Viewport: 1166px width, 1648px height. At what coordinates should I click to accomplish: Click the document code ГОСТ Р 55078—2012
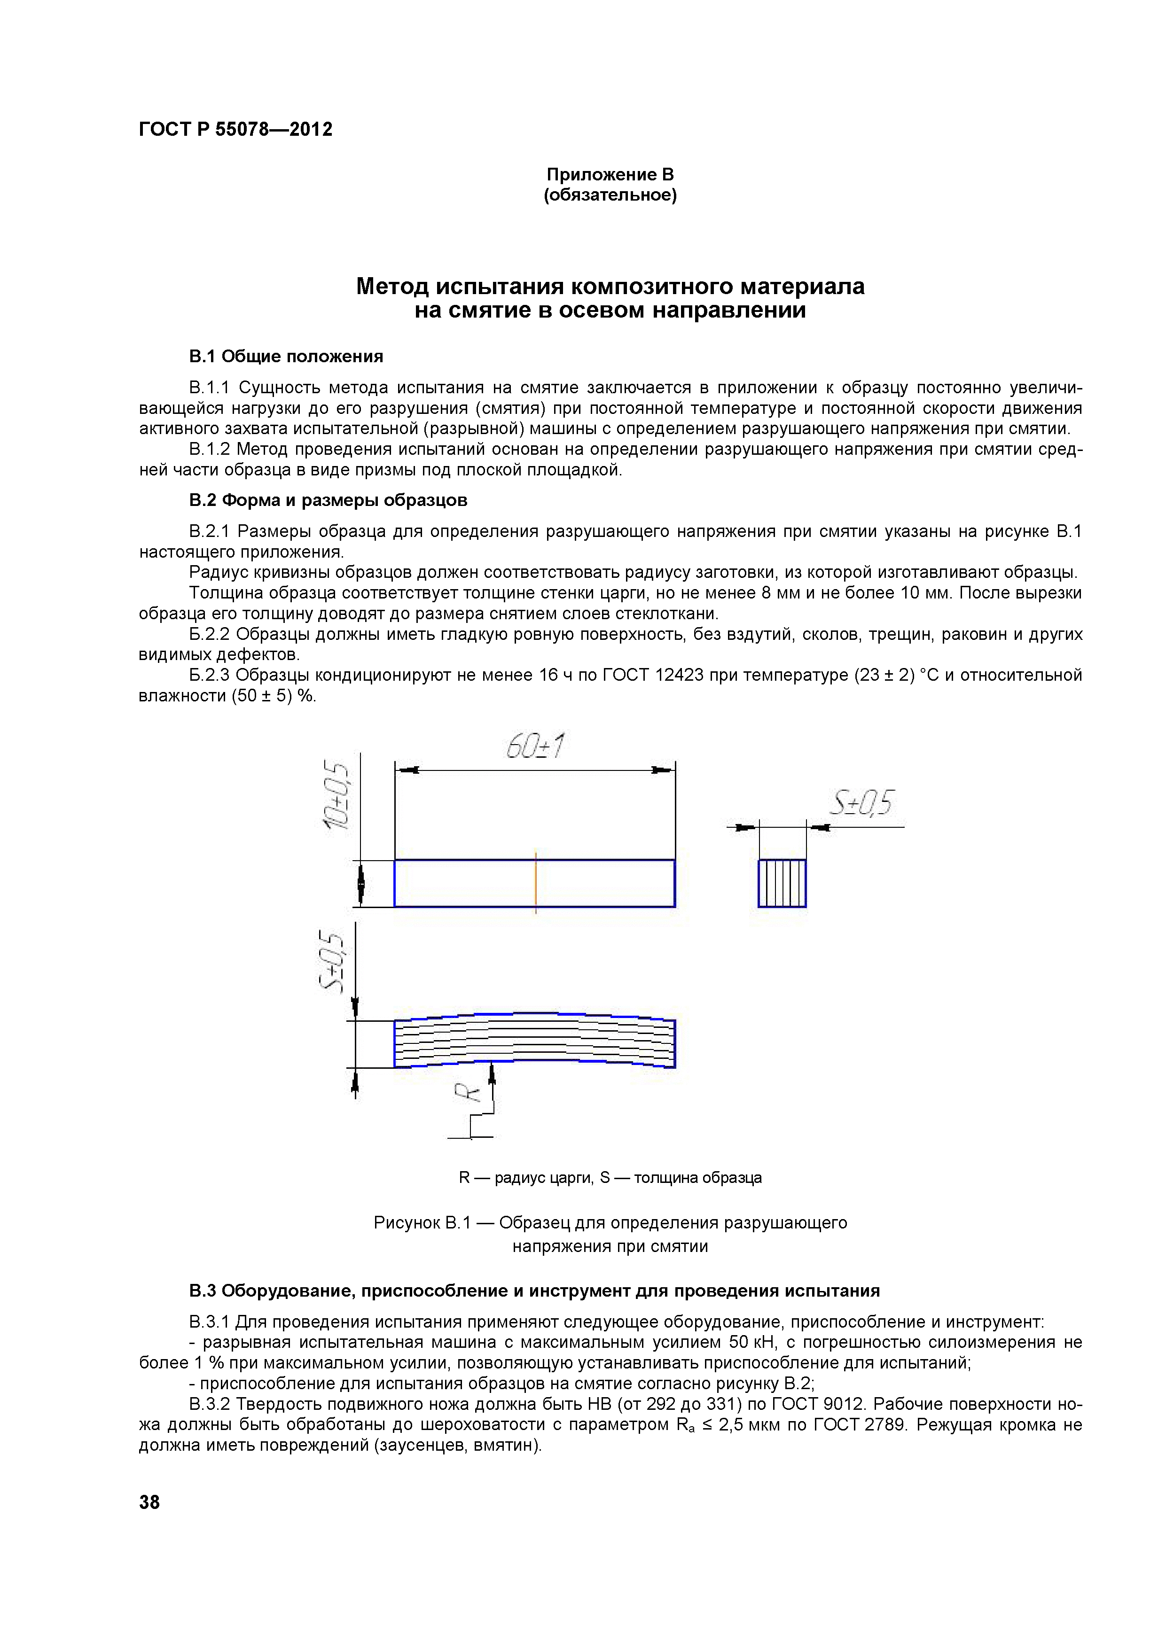click(x=235, y=129)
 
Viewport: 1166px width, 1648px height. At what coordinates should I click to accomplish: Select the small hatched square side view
click(x=782, y=883)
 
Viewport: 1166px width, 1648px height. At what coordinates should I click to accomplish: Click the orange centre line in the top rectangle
click(x=536, y=882)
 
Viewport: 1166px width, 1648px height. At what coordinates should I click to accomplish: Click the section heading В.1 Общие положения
click(x=286, y=357)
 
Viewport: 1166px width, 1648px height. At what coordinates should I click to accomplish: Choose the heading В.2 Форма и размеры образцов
click(x=328, y=500)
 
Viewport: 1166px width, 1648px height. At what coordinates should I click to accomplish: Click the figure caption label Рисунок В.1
click(x=422, y=1222)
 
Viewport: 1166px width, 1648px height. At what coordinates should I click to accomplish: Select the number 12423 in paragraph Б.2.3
click(x=679, y=676)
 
